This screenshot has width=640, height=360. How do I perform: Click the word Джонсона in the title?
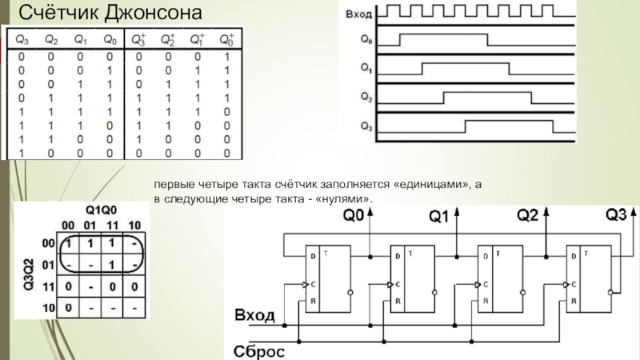[153, 13]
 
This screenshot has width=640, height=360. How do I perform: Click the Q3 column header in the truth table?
[22, 39]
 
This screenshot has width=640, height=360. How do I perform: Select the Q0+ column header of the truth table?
[227, 39]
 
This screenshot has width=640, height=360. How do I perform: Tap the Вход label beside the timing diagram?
[358, 14]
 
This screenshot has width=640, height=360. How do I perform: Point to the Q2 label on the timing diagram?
[366, 97]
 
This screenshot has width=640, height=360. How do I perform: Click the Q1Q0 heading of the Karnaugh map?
[102, 210]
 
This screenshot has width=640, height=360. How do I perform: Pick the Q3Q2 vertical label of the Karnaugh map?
[29, 274]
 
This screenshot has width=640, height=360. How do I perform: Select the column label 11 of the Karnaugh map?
[112, 226]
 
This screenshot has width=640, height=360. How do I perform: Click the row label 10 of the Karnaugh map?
[49, 307]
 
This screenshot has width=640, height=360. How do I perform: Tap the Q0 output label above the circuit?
[354, 215]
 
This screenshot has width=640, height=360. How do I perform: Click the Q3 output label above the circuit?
[616, 214]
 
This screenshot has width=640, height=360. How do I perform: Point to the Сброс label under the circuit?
[258, 351]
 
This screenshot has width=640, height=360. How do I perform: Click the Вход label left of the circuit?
[254, 315]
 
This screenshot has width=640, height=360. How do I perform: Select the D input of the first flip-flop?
[313, 256]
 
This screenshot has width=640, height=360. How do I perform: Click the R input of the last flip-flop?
[574, 302]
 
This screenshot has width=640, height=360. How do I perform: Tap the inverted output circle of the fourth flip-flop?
[610, 292]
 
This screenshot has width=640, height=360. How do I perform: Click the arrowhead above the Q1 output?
[457, 211]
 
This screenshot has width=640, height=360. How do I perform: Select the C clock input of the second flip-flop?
[398, 285]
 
